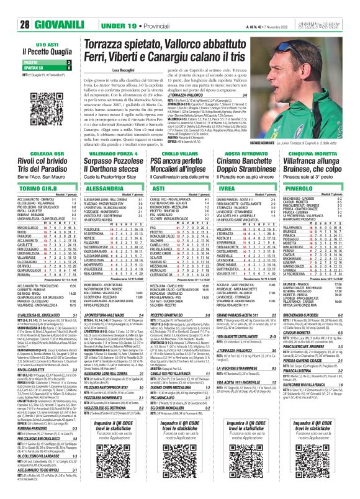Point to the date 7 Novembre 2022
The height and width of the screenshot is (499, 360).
(x=282, y=7)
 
